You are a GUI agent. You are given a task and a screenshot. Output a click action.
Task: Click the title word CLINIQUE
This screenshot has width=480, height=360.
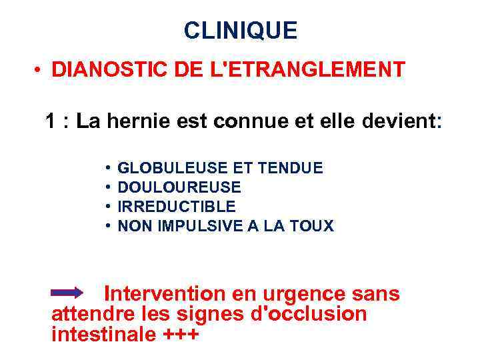240,31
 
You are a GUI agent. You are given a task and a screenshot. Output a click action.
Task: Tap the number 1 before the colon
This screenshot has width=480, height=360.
50,122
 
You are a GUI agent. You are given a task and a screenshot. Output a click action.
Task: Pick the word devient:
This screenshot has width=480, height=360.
400,122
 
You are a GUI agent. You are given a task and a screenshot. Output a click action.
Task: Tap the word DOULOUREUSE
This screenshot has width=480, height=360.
179,187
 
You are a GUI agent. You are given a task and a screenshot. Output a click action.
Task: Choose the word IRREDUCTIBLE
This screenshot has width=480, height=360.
177,207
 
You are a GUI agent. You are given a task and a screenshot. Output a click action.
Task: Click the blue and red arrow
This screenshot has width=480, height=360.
67,293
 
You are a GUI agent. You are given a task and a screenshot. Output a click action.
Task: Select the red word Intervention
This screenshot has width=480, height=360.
165,293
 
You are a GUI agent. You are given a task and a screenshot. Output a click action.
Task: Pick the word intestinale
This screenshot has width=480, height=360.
104,333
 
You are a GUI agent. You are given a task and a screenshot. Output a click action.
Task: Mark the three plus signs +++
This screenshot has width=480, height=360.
181,334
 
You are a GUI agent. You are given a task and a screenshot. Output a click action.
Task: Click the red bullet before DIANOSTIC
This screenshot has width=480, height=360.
41,70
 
